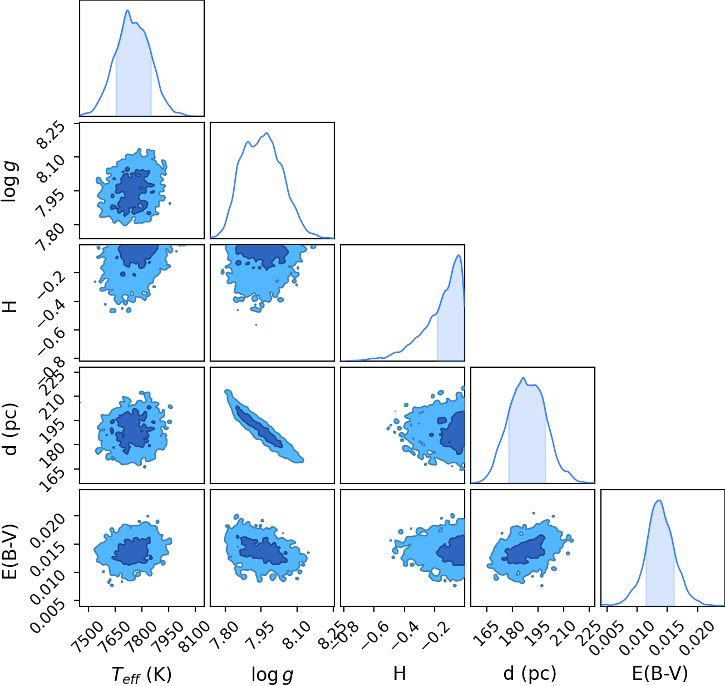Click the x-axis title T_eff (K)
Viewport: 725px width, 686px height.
click(141, 674)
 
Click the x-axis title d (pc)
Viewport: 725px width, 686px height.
click(530, 673)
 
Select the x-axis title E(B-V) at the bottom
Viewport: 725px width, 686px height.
click(660, 673)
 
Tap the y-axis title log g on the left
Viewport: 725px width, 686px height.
click(9, 181)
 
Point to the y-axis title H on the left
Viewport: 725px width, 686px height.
click(9, 306)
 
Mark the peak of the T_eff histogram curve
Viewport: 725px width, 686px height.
click(127, 11)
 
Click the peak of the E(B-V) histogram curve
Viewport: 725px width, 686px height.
click(659, 500)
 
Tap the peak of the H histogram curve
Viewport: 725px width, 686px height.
click(458, 255)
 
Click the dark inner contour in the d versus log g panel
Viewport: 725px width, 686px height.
click(259, 427)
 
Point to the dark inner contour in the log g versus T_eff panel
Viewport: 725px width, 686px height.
click(133, 192)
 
